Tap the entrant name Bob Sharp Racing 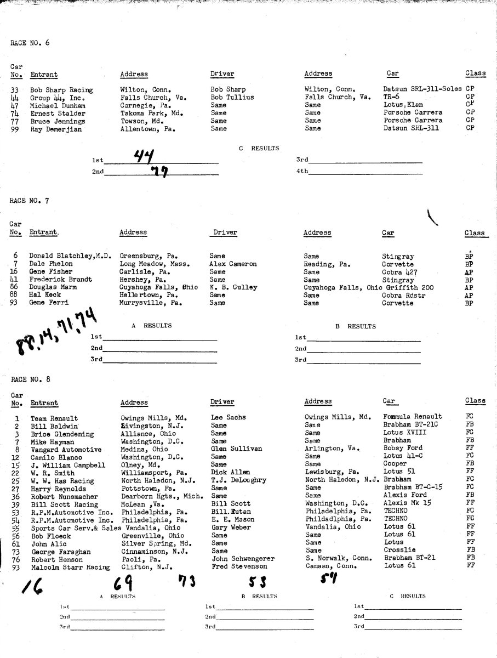click(x=61, y=89)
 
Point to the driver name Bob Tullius click(x=232, y=97)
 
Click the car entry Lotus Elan click(x=403, y=105)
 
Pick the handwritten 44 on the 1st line click(x=145, y=156)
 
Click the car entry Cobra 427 click(x=400, y=271)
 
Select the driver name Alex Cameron click(x=233, y=264)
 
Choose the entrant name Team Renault click(x=54, y=418)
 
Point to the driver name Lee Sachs click(x=228, y=418)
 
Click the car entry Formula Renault click(x=413, y=417)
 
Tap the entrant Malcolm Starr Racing click(x=70, y=567)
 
